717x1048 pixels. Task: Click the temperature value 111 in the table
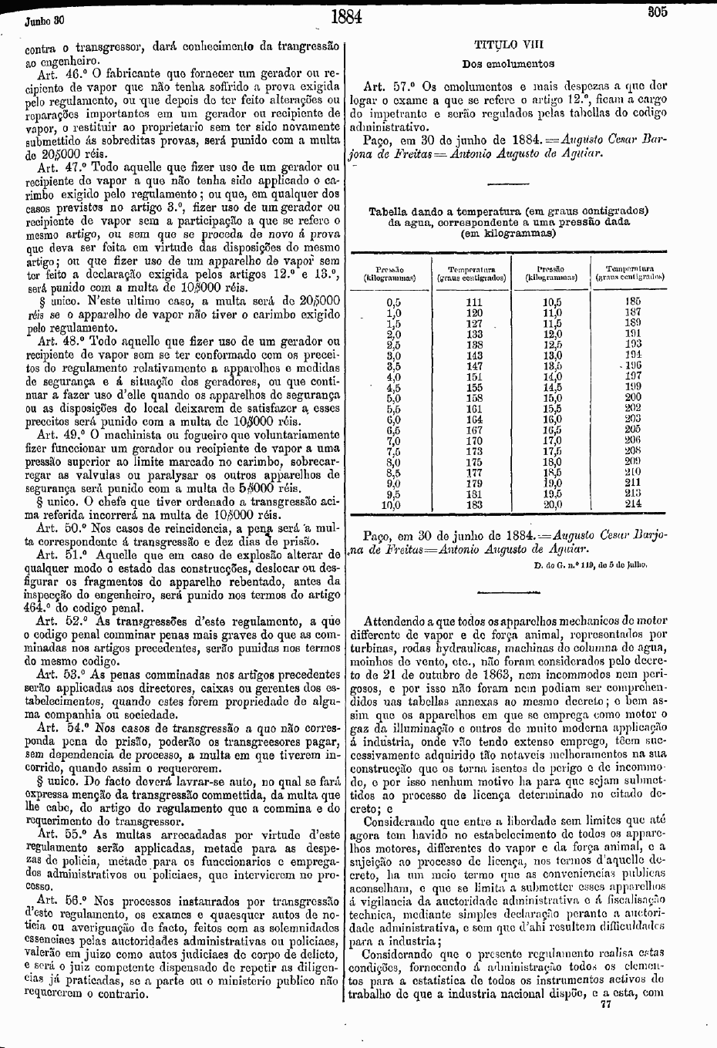(x=474, y=302)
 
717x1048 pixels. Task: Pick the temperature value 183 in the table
(x=474, y=505)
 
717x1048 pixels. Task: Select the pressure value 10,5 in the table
(x=552, y=302)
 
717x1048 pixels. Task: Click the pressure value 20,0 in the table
(x=552, y=504)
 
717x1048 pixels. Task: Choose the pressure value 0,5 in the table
(x=393, y=302)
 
